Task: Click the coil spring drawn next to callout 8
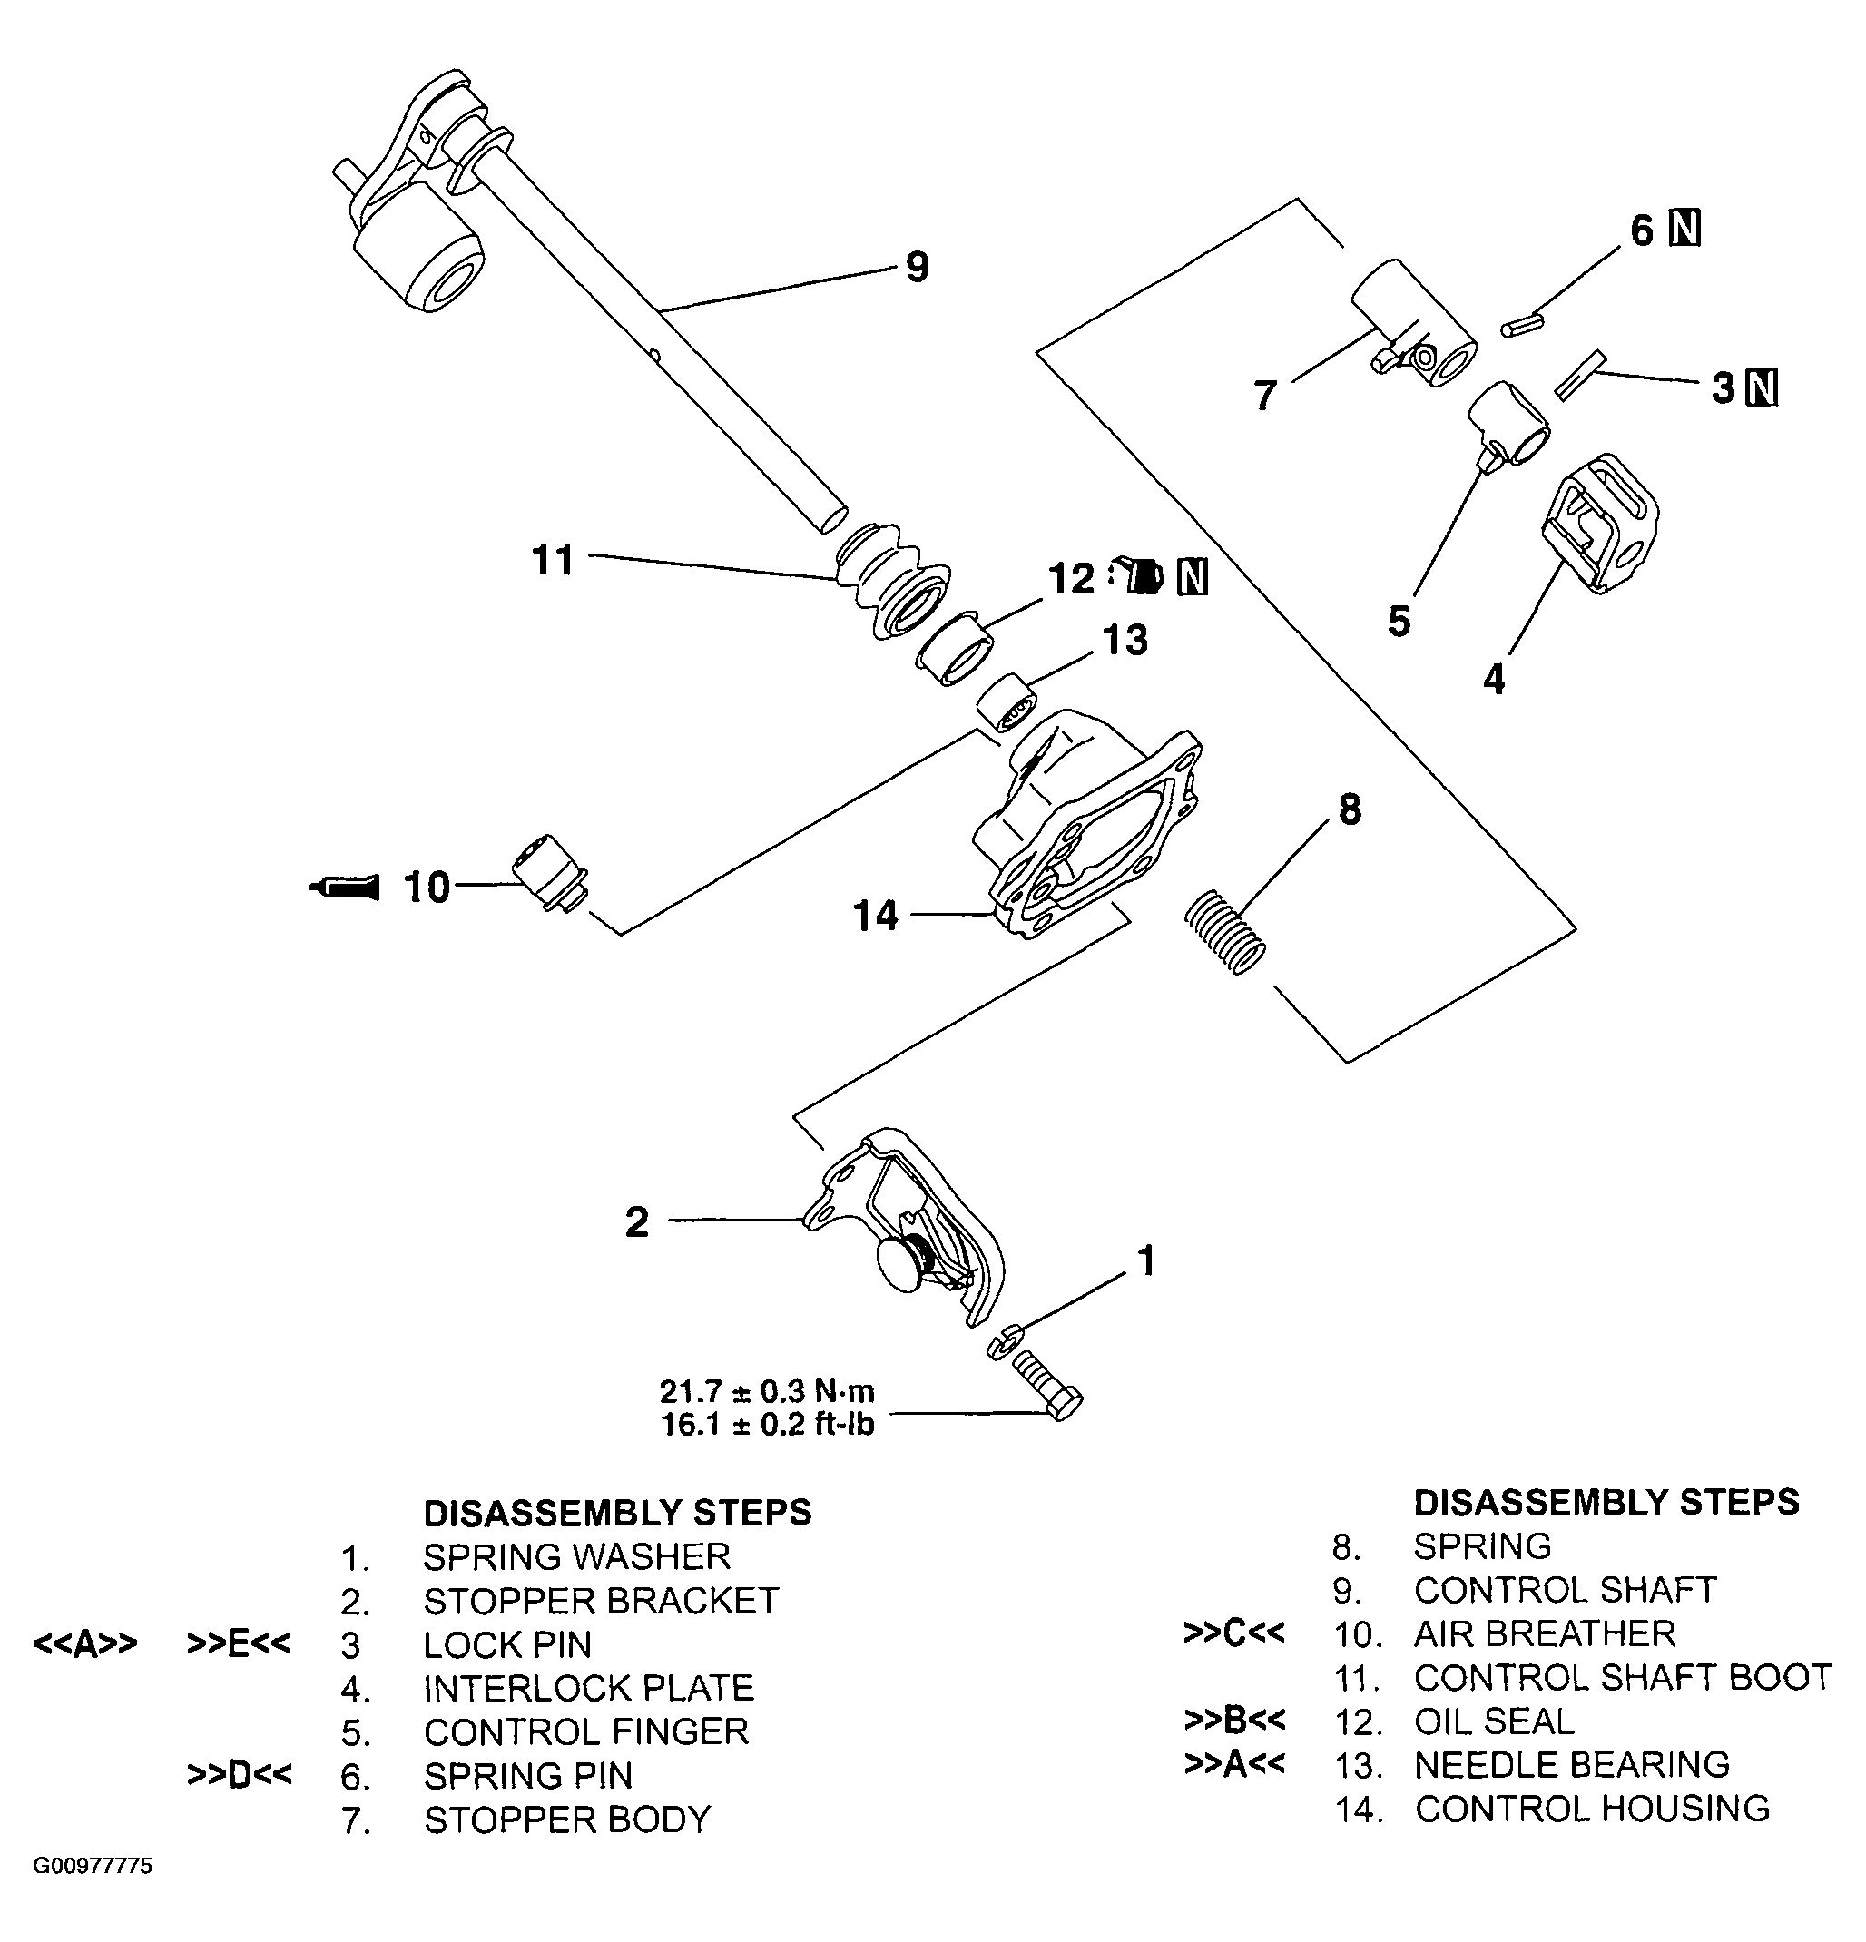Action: point(1225,931)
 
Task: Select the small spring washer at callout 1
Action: point(1002,1340)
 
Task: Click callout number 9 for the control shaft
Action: point(918,268)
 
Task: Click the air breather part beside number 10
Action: point(549,872)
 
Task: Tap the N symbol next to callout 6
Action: point(1684,229)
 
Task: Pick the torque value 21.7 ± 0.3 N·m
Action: point(767,1391)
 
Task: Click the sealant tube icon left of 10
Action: point(345,887)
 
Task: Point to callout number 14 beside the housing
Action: point(875,916)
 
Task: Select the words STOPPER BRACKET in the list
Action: point(601,1600)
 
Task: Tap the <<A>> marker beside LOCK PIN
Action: point(85,1643)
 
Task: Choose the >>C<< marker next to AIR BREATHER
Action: point(1233,1632)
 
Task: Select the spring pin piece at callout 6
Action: point(1523,326)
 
